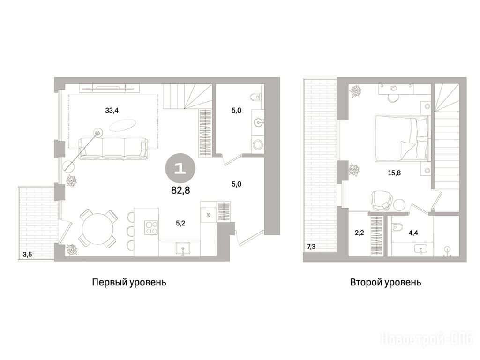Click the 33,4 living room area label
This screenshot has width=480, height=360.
[x=112, y=111]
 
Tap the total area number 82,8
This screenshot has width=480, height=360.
[x=180, y=190]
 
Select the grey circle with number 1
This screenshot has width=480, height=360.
[x=180, y=168]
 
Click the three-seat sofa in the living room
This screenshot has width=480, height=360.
[x=113, y=149]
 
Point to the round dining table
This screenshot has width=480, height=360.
[x=96, y=229]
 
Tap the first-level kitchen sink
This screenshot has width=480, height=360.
[x=183, y=248]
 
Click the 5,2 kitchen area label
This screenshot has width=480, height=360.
[x=180, y=224]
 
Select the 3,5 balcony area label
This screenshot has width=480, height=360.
[x=27, y=255]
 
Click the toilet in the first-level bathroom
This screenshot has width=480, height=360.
[x=255, y=97]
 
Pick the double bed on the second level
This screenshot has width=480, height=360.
[x=401, y=138]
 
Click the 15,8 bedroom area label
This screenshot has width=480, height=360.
[x=394, y=173]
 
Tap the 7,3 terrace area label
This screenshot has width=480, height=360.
[x=311, y=247]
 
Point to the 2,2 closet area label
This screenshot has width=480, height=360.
[x=359, y=233]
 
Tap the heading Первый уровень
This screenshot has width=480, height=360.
[x=129, y=282]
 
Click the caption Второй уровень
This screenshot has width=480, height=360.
[x=385, y=282]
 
